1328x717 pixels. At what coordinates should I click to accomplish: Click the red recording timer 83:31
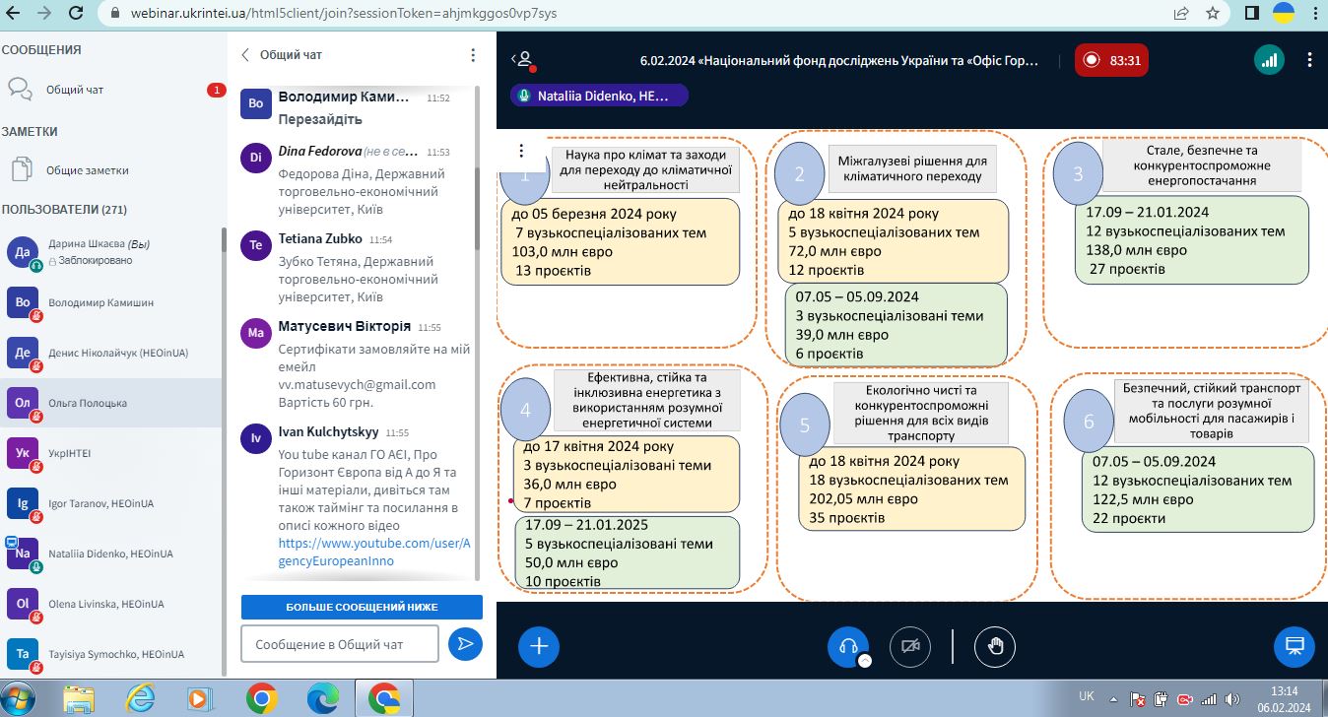click(x=1111, y=60)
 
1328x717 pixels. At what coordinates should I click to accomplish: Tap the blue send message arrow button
click(x=465, y=644)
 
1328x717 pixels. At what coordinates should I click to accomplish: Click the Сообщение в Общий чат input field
click(x=340, y=644)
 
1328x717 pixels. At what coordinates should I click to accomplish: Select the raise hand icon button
click(x=995, y=646)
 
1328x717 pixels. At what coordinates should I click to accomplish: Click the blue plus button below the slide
click(x=539, y=646)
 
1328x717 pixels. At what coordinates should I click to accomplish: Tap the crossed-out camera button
click(x=910, y=646)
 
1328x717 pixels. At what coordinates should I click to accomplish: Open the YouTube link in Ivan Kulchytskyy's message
click(x=374, y=552)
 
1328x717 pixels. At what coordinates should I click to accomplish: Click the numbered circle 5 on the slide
click(x=805, y=424)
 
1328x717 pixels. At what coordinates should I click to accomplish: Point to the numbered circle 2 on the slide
click(x=799, y=173)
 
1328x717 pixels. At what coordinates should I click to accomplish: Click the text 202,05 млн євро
click(x=863, y=499)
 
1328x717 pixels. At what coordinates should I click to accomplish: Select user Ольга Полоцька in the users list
click(x=88, y=403)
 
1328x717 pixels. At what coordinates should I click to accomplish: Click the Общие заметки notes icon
click(x=22, y=169)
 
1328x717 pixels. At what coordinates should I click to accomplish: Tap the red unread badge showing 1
click(x=217, y=90)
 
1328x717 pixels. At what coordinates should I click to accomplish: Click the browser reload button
click(x=76, y=13)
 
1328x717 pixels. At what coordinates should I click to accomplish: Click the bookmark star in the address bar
click(x=1213, y=13)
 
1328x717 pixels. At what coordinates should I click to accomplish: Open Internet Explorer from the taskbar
click(x=140, y=698)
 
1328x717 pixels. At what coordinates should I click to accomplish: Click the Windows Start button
click(x=17, y=699)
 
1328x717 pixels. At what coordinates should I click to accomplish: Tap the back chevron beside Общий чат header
click(x=245, y=55)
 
